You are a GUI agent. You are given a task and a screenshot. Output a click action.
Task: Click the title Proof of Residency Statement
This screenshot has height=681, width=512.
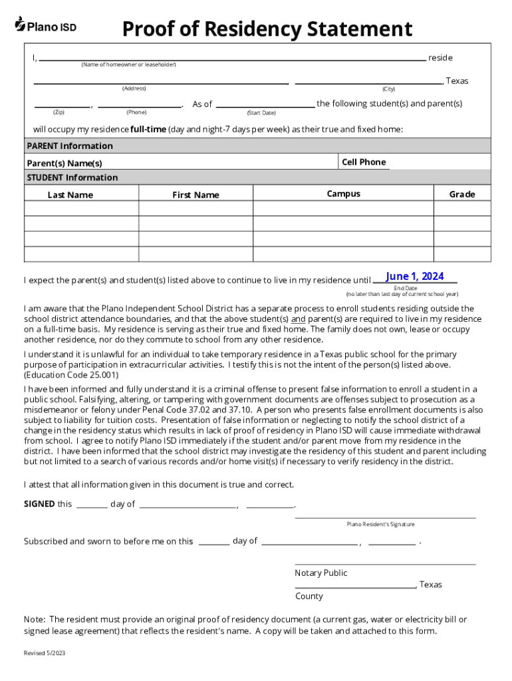(267, 29)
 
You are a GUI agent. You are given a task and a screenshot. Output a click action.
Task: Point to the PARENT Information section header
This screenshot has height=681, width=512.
(70, 146)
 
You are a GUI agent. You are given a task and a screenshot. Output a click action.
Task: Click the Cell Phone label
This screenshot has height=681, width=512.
(364, 162)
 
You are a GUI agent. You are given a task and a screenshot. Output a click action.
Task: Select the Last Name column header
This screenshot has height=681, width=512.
(70, 195)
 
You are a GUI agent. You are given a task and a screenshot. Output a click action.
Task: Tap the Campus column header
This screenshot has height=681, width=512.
(343, 194)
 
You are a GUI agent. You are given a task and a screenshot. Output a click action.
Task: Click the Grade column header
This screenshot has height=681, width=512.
(462, 194)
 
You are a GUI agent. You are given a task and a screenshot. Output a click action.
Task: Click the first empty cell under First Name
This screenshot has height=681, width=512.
(195, 208)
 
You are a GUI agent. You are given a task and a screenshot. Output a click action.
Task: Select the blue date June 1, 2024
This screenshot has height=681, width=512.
(414, 276)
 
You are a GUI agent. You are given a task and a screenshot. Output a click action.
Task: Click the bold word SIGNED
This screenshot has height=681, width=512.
(39, 503)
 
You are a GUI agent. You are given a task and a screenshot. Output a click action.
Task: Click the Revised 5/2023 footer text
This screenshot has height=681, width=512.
(45, 653)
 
